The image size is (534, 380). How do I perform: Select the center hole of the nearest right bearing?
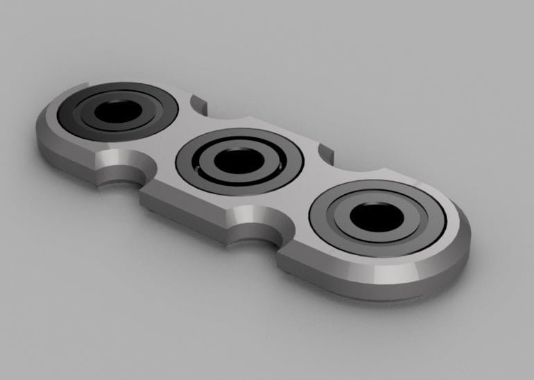376,218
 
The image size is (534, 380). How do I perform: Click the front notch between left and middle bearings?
124,170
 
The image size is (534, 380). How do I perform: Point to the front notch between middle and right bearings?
256,223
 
